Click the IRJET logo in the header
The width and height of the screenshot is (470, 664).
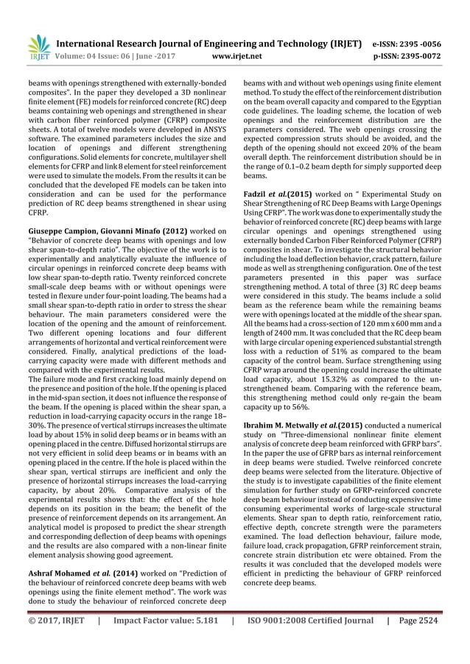pyautogui.click(x=38, y=46)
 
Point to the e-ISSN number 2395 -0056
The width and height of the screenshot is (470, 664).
pyautogui.click(x=420, y=43)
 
